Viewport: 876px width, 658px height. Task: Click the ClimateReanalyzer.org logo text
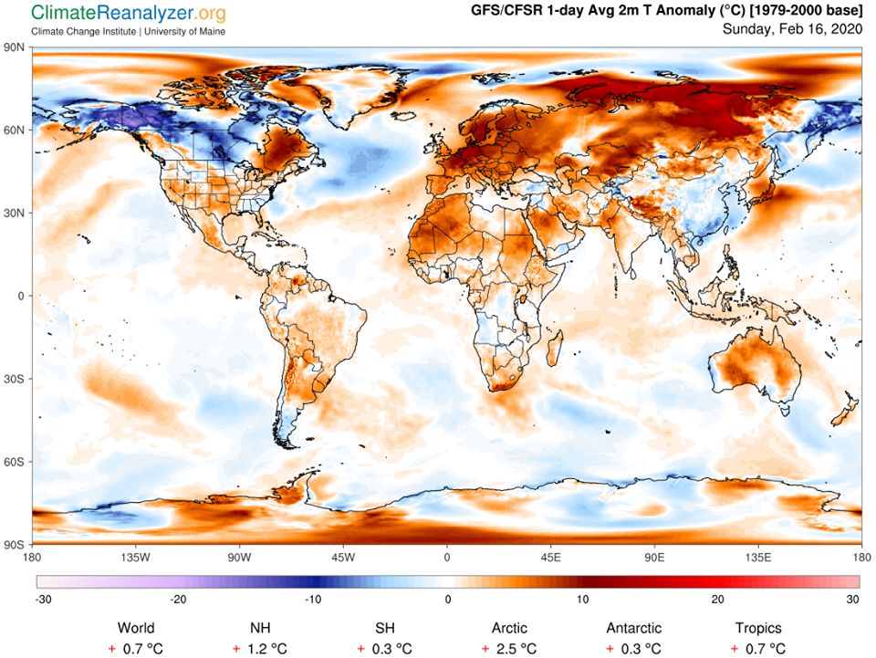click(x=129, y=14)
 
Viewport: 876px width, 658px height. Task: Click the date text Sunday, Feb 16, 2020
click(x=791, y=28)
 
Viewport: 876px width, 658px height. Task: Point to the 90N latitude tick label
click(x=15, y=47)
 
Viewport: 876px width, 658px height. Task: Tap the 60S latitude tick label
click(x=15, y=462)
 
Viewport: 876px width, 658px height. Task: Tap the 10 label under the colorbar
click(x=583, y=599)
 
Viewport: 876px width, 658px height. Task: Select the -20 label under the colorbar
click(x=178, y=599)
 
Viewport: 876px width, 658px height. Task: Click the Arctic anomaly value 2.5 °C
click(x=509, y=648)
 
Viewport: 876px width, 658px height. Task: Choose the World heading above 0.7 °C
click(x=136, y=628)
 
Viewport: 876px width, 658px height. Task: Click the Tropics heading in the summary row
click(x=758, y=628)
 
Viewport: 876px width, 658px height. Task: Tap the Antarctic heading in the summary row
click(x=634, y=628)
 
